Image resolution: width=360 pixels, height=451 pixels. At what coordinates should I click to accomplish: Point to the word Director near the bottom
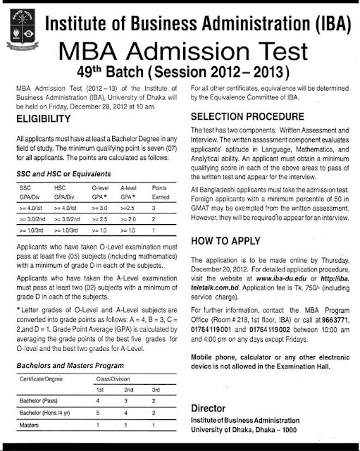click(x=210, y=409)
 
